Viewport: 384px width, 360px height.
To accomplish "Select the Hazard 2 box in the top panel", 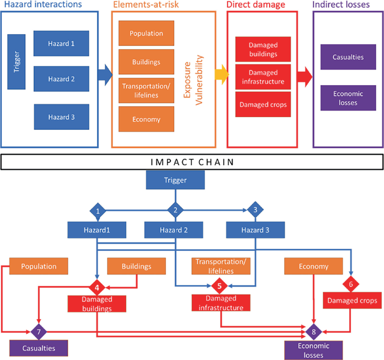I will tap(61, 78).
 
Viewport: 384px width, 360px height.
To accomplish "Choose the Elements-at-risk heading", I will tap(146, 4).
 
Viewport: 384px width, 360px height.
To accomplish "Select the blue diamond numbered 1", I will tap(98, 211).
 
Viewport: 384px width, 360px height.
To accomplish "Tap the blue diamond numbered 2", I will tap(175, 211).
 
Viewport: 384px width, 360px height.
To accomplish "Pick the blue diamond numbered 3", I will tap(256, 211).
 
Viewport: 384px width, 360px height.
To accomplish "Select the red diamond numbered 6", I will tap(351, 283).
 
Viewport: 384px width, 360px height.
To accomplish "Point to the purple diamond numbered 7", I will tap(38, 333).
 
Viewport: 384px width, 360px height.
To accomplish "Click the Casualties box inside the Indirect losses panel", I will tap(348, 57).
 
